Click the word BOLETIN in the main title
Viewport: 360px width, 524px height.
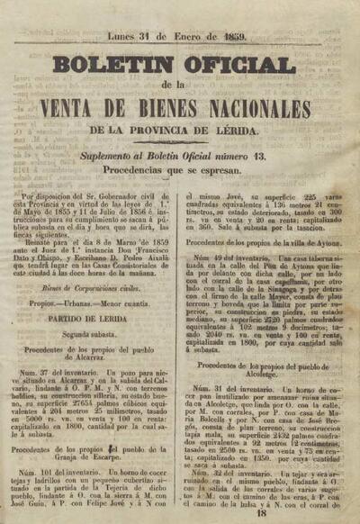click(x=113, y=65)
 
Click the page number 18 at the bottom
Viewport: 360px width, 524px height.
click(x=261, y=514)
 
